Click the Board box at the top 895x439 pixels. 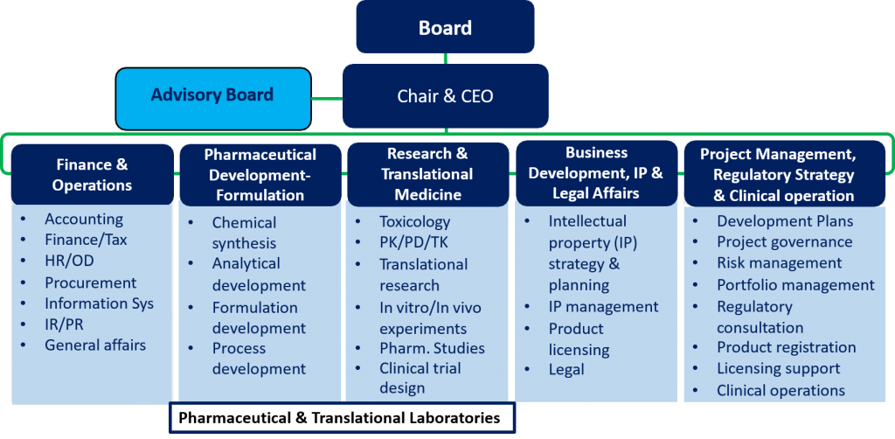coord(445,27)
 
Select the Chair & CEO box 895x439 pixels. coord(445,96)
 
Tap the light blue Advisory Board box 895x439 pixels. coord(213,99)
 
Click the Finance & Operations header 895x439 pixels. coord(92,175)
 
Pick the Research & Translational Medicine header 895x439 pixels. coord(427,174)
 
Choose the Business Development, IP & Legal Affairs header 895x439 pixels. coord(596,173)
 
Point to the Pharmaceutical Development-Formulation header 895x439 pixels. coord(260,175)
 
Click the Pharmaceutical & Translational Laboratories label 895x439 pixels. coord(342,417)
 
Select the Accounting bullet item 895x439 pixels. coord(84,219)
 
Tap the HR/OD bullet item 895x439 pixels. coord(70,261)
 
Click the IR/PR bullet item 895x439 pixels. coord(65,324)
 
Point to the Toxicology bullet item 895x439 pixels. coord(415,221)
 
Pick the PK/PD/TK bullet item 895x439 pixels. coord(413,242)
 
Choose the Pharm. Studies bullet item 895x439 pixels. coord(432,348)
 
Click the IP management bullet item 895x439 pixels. coord(603,307)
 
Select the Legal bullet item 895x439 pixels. coord(566,369)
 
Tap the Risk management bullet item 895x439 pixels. coord(779,262)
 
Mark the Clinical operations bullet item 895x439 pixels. coord(781,391)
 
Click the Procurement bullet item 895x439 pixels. coord(91,282)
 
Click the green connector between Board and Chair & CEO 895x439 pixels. coord(445,59)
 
